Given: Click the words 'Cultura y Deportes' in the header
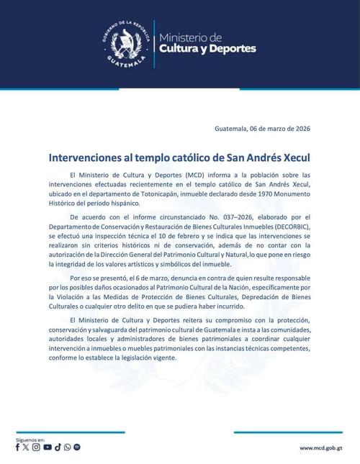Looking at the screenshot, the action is pos(207,49).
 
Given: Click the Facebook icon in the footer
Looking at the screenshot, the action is pos(18,447).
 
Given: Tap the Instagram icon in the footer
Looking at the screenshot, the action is pos(37,447).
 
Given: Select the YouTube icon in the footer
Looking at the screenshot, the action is pos(48,447).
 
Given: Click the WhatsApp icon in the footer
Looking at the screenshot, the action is pos(67,447).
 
